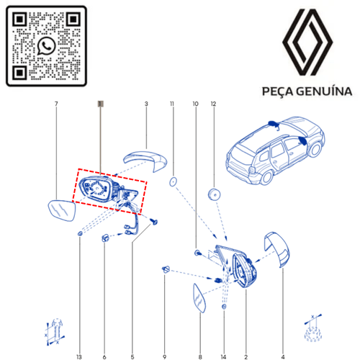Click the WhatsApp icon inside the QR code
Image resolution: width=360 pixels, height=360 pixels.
click(47, 45)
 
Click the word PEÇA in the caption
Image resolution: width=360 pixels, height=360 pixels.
click(272, 91)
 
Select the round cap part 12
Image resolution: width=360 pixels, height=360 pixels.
click(214, 194)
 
